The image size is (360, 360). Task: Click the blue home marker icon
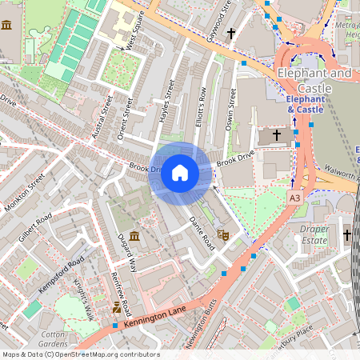pos(180,172)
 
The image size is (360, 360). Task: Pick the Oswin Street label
pos(233,107)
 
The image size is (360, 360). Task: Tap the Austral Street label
pos(102,118)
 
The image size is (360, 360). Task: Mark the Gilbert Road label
pos(34,229)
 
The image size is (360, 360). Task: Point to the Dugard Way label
pos(128,254)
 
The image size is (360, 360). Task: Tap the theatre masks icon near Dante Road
pos(224,234)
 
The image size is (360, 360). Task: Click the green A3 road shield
pos(295,198)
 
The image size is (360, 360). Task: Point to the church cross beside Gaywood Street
pos(232,34)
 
